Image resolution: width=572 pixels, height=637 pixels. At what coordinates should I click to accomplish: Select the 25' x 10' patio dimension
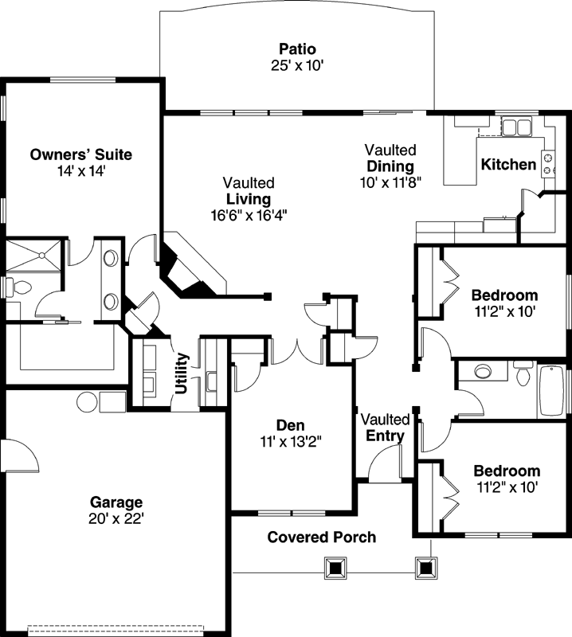point(296,65)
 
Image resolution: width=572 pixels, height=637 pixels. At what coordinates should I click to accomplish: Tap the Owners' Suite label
point(80,154)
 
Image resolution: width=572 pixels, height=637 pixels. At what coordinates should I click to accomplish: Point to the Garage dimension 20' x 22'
point(116,518)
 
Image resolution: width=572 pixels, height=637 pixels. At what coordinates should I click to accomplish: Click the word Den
point(291,424)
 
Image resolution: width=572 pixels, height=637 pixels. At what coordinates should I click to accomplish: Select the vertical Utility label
point(182,372)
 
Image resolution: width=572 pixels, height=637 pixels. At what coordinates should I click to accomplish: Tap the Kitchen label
point(508,165)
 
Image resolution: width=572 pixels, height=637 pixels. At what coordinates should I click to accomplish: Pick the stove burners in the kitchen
point(548,164)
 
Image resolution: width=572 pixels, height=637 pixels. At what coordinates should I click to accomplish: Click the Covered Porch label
point(321,537)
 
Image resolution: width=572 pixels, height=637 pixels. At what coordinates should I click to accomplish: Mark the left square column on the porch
point(337,568)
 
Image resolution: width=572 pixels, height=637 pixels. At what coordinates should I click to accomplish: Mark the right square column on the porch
point(428,568)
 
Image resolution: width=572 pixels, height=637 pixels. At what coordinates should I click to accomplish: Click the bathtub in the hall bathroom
point(554,391)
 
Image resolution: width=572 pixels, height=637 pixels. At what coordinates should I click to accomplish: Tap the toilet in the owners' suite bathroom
point(15,285)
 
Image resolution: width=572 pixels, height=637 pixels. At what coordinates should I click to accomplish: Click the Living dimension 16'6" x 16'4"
point(248,214)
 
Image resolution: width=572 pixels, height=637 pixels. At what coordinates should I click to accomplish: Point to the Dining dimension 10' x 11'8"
point(390,181)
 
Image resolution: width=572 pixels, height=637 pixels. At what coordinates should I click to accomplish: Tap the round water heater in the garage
point(87,401)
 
